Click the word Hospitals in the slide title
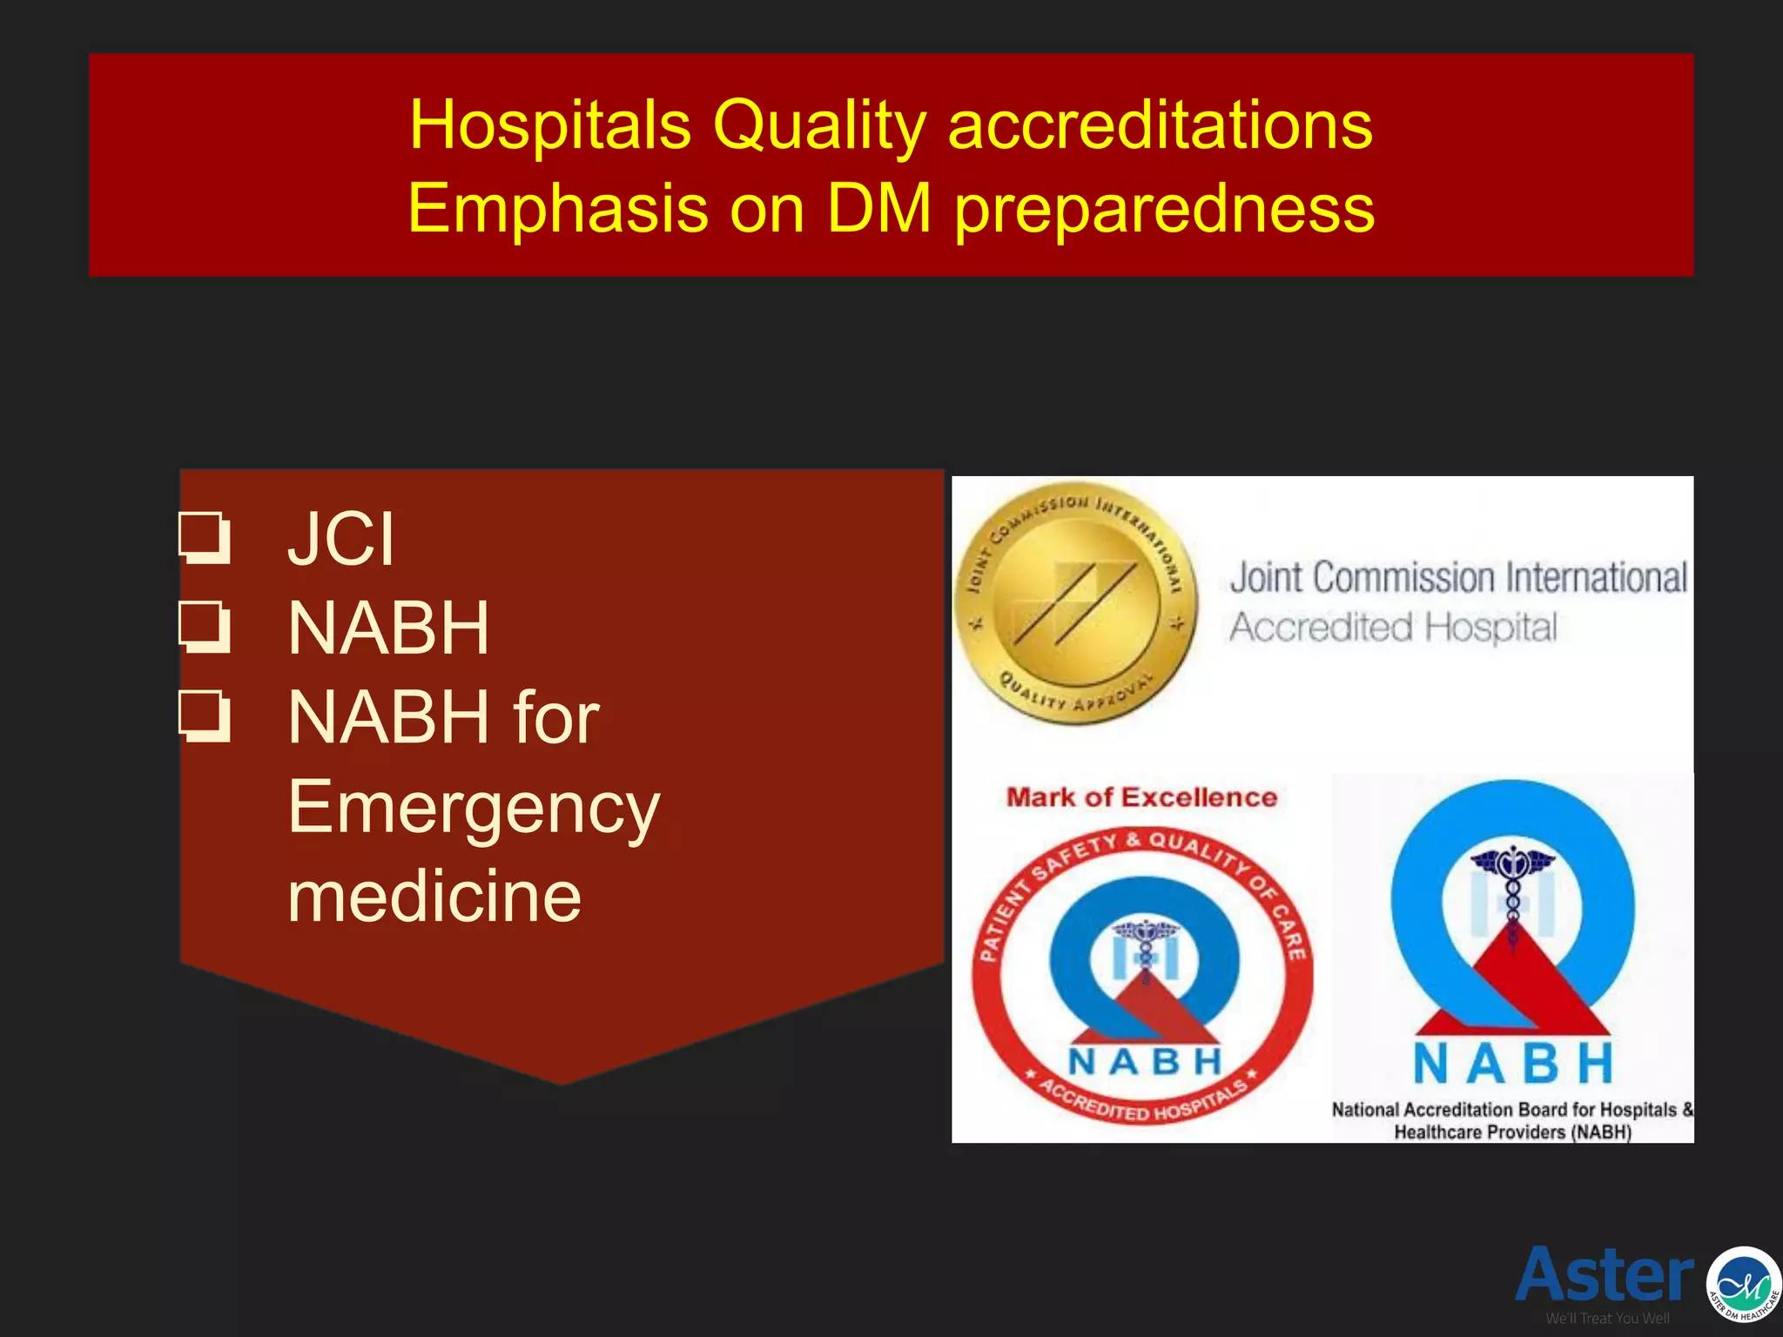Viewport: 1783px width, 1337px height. [550, 124]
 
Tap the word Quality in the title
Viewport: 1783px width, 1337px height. [818, 124]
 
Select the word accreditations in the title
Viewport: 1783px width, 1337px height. [1160, 124]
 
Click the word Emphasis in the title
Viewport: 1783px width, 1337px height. [558, 209]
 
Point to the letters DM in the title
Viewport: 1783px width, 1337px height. [878, 209]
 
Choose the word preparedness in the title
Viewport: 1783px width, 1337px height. [1165, 209]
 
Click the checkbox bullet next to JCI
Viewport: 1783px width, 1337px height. [205, 538]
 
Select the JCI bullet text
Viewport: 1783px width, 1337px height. [341, 538]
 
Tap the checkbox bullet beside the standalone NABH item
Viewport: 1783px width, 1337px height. [205, 628]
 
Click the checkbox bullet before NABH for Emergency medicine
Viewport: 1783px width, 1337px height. [205, 717]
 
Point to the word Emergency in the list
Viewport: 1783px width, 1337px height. [474, 808]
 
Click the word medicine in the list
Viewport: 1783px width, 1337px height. [434, 897]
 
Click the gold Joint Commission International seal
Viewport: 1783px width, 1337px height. [1075, 602]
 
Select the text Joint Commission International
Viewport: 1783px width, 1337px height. [1458, 577]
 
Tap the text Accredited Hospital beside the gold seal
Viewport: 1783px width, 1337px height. [1393, 627]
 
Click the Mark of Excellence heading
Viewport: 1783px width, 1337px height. [1141, 797]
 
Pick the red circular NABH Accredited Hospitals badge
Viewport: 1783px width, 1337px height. [1142, 975]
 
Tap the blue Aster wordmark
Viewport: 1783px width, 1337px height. [1605, 1274]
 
